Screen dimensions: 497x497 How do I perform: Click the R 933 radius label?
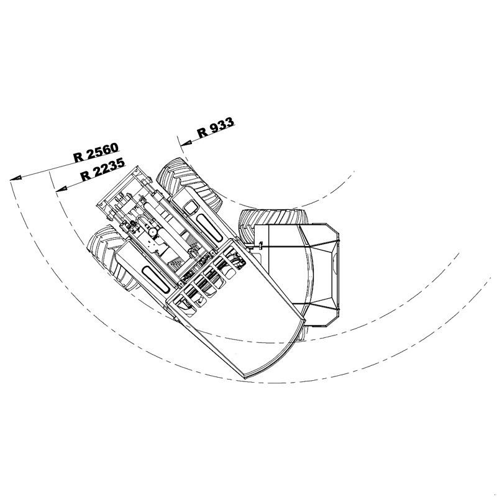(216, 127)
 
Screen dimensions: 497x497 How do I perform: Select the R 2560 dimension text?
(96, 152)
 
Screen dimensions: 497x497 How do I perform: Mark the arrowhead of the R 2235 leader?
(61, 189)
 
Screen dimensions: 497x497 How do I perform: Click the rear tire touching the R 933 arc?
(189, 185)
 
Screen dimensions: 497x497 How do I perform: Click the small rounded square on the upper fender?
(191, 208)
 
